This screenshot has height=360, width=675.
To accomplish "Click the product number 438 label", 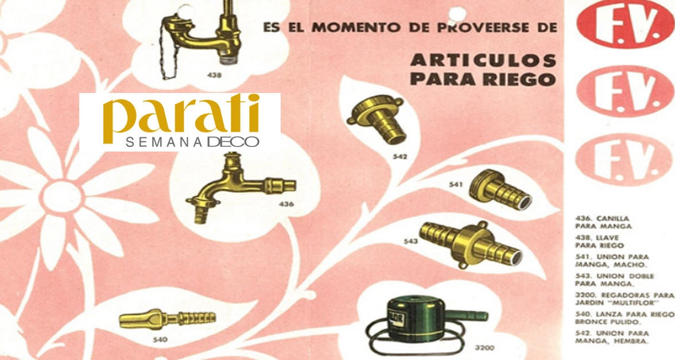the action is point(215,75).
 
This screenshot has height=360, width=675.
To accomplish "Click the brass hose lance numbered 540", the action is point(167,319).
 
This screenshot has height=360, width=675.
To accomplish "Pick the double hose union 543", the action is point(471,244).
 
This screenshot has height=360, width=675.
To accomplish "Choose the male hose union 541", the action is point(499,189).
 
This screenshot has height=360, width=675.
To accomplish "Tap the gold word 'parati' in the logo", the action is point(181,115).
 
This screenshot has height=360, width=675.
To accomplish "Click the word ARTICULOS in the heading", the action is point(483,60).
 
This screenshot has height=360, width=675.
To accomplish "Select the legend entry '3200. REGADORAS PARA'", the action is point(624,295).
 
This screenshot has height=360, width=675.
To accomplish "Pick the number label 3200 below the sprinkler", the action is point(484,347).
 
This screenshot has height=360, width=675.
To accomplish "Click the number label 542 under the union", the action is point(400,157).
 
